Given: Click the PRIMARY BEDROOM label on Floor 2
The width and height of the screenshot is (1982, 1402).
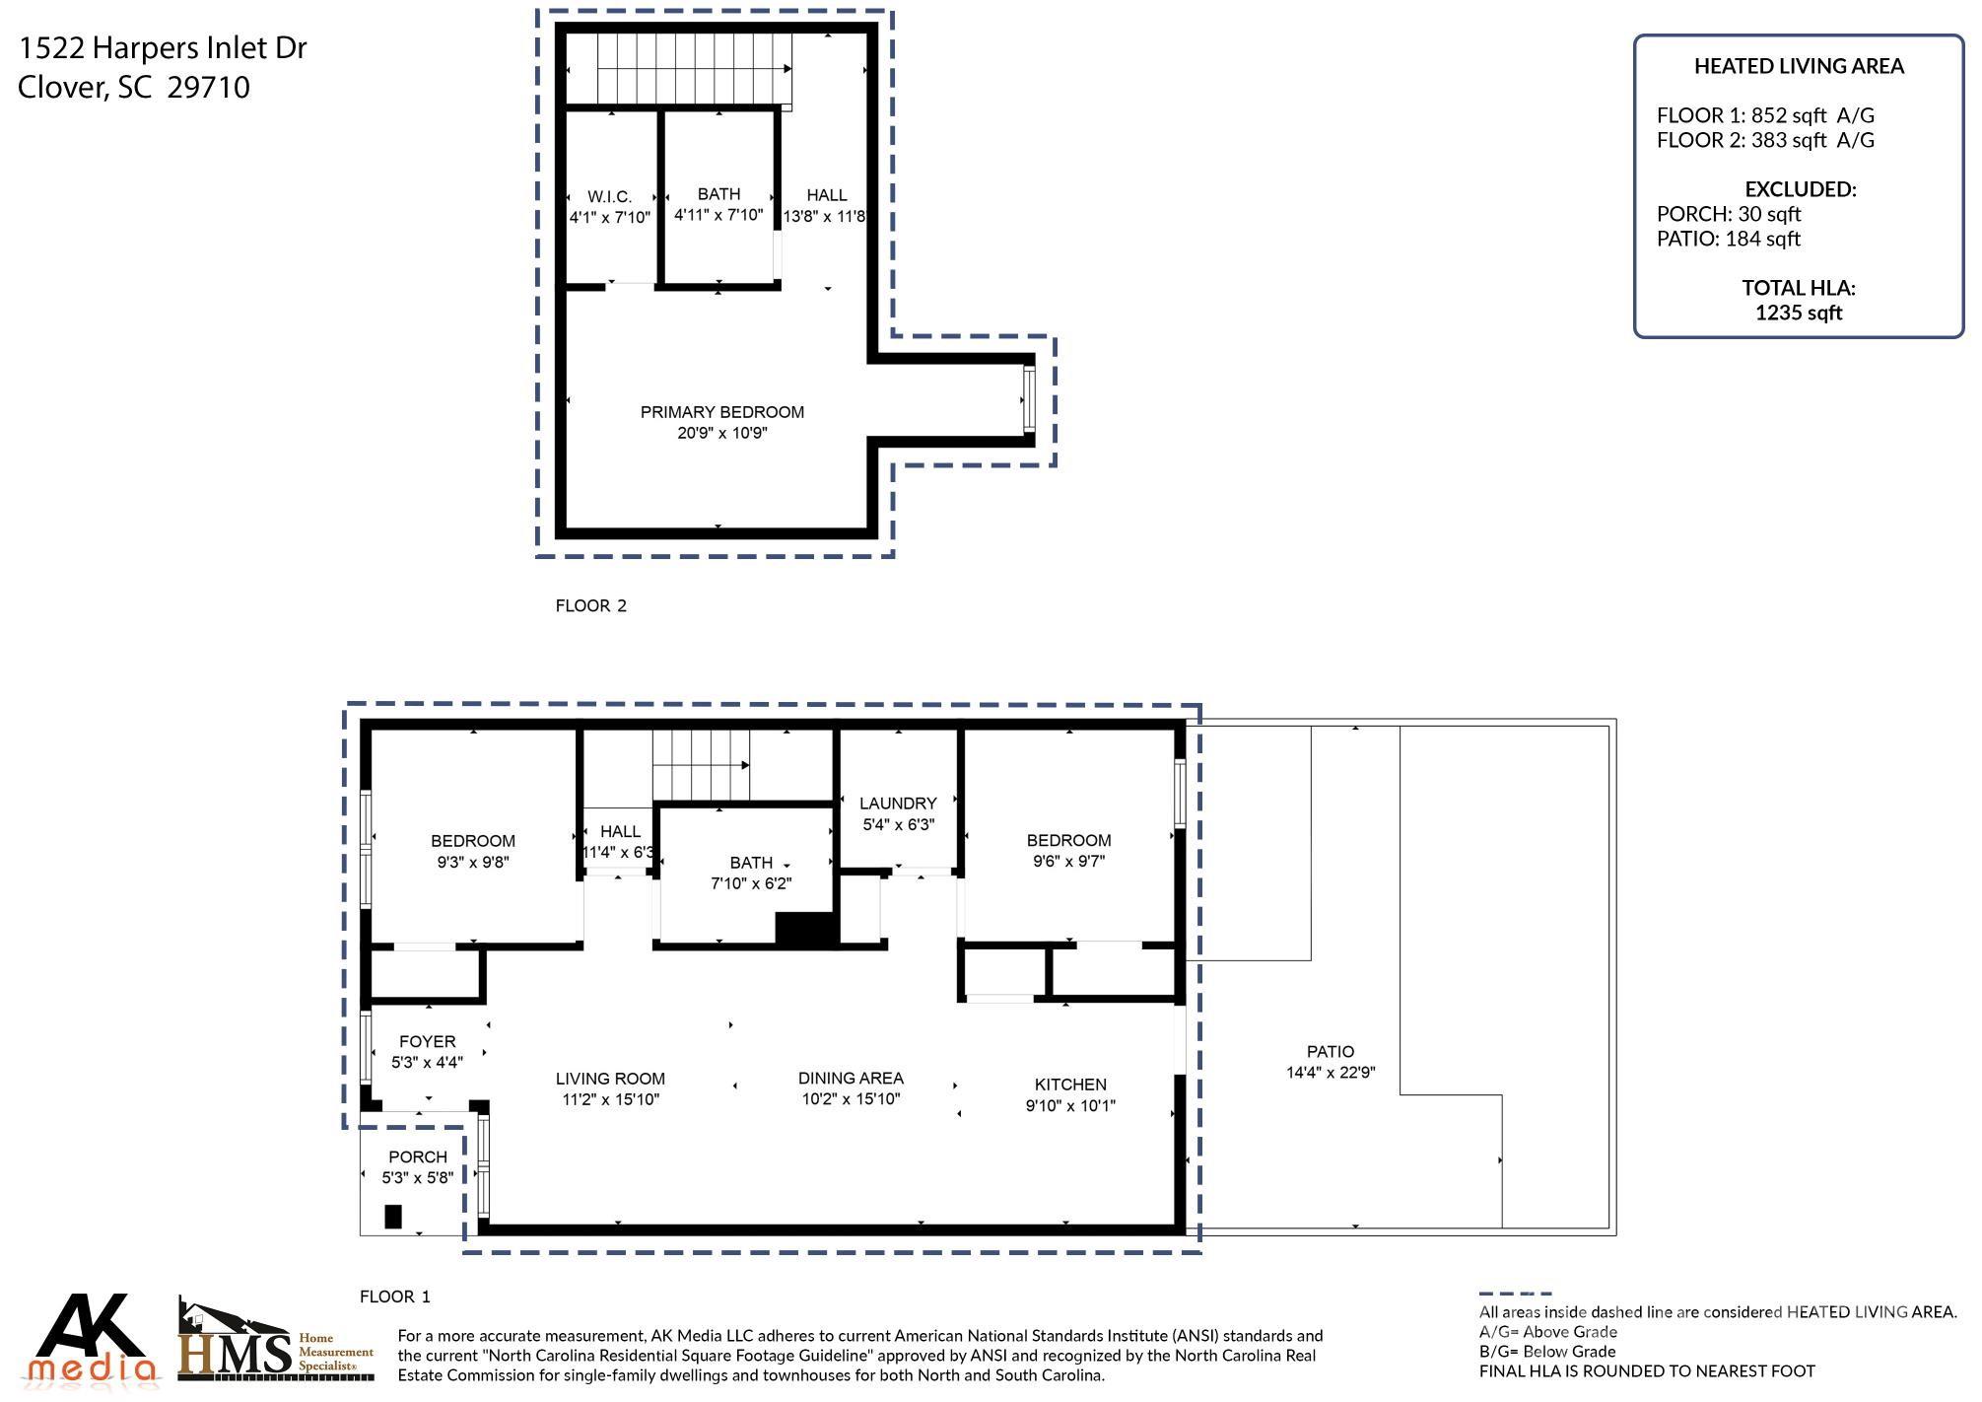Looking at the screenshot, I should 721,412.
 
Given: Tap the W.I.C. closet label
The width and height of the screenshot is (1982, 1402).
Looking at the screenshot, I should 609,197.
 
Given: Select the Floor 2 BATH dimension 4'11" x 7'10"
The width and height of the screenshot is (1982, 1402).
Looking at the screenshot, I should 718,215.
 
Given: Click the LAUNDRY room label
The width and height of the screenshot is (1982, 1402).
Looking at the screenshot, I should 897,804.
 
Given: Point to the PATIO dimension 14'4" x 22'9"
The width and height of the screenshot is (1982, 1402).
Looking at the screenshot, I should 1330,1073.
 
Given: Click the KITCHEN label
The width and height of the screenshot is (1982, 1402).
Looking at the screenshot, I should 1069,1085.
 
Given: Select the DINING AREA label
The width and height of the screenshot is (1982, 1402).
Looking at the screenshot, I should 851,1079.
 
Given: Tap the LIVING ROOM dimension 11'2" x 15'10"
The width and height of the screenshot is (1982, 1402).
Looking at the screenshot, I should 610,1099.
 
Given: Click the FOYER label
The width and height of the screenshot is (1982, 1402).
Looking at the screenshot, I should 427,1042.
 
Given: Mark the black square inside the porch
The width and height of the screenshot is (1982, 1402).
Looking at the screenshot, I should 393,1217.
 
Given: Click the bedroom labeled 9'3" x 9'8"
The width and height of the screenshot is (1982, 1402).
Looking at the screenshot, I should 472,851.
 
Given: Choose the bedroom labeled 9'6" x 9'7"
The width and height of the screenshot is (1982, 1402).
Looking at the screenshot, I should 1068,850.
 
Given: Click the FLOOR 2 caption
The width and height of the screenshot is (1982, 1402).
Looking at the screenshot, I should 590,606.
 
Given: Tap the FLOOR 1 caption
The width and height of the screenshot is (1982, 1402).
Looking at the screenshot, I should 394,1297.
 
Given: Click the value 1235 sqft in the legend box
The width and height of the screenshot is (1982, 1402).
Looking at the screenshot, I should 1798,314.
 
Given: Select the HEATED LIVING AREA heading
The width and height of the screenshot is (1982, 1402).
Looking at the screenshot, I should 1798,66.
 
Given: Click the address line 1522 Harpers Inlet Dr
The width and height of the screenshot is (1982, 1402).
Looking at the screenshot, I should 163,48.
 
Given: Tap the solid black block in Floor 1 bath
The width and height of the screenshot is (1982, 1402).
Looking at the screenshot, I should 805,929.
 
